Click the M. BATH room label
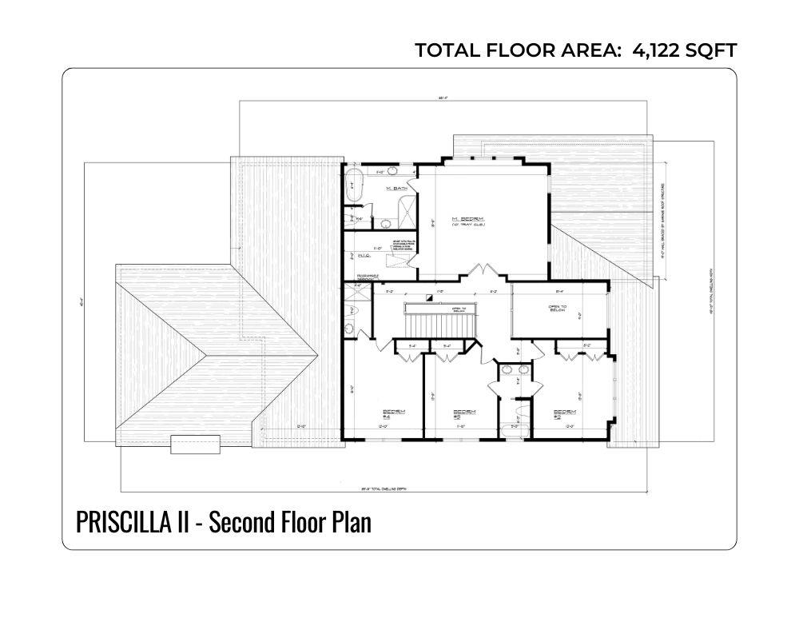click(x=392, y=189)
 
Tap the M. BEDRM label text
click(x=464, y=220)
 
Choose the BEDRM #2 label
click(x=566, y=413)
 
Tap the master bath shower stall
click(x=405, y=211)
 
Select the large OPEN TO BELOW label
click(x=557, y=309)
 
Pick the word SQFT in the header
click(x=713, y=50)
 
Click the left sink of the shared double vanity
click(x=505, y=370)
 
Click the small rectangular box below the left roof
click(x=196, y=444)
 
